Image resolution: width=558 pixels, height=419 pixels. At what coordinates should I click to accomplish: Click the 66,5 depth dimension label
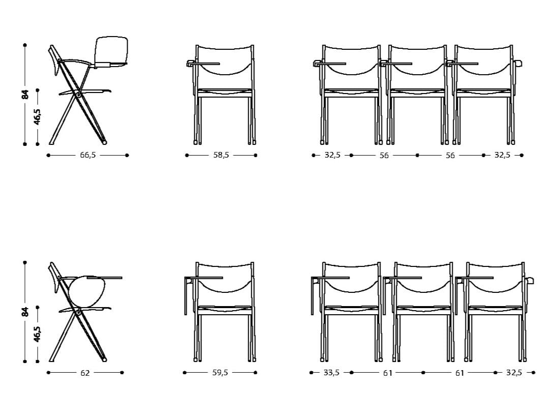tap(88, 155)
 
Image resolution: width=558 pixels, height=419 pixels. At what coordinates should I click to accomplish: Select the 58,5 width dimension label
tap(221, 155)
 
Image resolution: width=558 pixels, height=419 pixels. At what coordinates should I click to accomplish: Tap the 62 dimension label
tap(85, 373)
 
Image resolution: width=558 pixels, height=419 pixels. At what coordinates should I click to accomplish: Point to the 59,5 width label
tap(220, 373)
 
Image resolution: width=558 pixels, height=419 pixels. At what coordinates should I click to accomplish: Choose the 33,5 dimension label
tap(331, 373)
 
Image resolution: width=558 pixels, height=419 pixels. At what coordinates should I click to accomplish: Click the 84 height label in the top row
tap(25, 95)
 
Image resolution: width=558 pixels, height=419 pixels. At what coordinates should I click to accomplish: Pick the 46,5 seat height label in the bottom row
tap(37, 334)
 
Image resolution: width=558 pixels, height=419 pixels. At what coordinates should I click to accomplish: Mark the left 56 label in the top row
tap(384, 156)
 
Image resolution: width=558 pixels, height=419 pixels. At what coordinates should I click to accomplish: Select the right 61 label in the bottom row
tap(459, 373)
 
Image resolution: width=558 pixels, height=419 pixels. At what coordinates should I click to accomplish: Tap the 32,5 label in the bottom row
tap(514, 373)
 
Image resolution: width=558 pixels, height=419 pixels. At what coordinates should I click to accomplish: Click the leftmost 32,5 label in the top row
tap(332, 155)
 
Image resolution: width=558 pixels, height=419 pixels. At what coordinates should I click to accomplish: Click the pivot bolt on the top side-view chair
tap(78, 94)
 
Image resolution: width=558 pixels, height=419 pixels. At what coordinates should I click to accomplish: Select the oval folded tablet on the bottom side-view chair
tap(86, 291)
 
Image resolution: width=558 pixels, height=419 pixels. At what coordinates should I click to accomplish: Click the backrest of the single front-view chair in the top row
tap(224, 60)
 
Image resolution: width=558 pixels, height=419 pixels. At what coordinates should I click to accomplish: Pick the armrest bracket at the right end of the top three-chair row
tap(518, 64)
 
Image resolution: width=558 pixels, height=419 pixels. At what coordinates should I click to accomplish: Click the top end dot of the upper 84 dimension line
tap(25, 45)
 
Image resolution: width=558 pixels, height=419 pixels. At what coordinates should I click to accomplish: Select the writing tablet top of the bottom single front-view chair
tap(203, 278)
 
